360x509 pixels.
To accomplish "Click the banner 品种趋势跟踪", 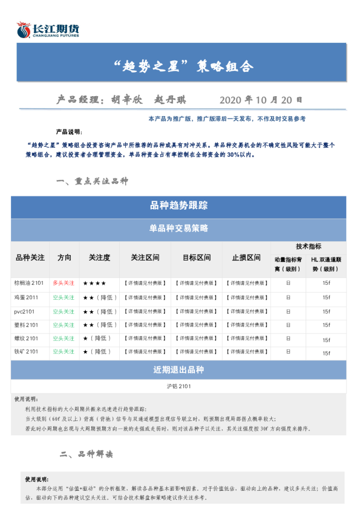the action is (178, 206).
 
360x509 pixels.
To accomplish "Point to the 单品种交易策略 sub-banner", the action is (178, 229).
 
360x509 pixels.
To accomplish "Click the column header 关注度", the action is (99, 258).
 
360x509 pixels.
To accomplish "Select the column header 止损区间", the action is (246, 258).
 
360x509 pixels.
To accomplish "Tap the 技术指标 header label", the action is (309, 247).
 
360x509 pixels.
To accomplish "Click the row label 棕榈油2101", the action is (29, 283).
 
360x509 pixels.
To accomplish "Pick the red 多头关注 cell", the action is (64, 283).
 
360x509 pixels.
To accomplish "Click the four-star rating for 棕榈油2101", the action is (94, 283).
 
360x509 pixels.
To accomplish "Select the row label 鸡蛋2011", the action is (27, 297).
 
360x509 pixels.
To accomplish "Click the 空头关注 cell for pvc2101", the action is (64, 311).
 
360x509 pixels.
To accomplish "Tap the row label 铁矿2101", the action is (27, 352).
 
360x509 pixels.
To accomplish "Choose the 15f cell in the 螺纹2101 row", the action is (326, 339).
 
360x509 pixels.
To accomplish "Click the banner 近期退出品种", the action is (178, 370).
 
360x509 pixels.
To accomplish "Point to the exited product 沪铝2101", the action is (178, 386).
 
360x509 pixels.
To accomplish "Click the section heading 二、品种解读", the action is (87, 454).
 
